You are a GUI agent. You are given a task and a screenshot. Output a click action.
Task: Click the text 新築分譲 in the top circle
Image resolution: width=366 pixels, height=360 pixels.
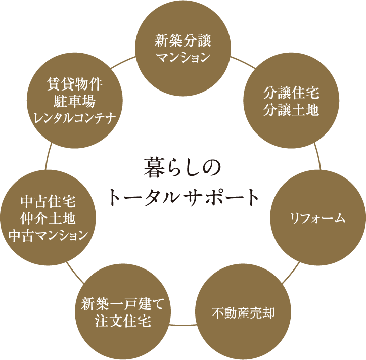(183, 40)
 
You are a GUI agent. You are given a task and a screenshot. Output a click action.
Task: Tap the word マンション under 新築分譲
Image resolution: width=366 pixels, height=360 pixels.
(183, 57)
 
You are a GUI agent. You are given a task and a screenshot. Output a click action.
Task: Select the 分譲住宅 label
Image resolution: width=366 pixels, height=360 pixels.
(291, 93)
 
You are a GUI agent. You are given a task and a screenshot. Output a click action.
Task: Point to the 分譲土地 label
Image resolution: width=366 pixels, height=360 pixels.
(291, 110)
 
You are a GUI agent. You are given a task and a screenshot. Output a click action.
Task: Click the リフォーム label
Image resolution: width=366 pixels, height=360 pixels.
(317, 219)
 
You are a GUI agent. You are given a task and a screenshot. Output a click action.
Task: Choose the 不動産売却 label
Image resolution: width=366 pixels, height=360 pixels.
(243, 313)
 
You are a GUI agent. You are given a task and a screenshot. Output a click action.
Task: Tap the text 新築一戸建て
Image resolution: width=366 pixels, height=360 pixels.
(123, 304)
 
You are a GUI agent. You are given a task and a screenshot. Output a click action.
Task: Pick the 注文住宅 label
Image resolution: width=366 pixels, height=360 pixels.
(123, 321)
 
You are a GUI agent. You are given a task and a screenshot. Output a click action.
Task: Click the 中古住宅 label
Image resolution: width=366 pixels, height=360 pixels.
(48, 201)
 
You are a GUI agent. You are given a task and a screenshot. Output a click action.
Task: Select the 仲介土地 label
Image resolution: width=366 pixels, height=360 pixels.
(48, 218)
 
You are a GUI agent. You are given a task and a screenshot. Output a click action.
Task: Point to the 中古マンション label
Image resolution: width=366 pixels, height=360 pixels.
(48, 235)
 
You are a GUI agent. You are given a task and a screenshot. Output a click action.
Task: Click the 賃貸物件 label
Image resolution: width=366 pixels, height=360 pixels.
(75, 84)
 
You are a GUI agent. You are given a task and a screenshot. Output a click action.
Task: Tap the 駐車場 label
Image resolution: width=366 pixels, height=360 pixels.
(75, 101)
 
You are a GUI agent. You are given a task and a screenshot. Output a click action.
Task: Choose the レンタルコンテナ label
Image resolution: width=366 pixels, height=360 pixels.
(75, 118)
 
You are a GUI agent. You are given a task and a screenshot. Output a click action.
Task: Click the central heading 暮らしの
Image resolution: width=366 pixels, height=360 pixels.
(182, 167)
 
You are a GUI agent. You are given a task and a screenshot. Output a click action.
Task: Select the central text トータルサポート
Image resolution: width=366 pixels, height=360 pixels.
(184, 197)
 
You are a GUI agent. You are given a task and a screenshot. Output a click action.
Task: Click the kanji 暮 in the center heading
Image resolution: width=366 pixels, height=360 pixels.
(153, 167)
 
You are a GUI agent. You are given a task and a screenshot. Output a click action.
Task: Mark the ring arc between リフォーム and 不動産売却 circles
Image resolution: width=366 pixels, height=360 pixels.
(291, 273)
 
